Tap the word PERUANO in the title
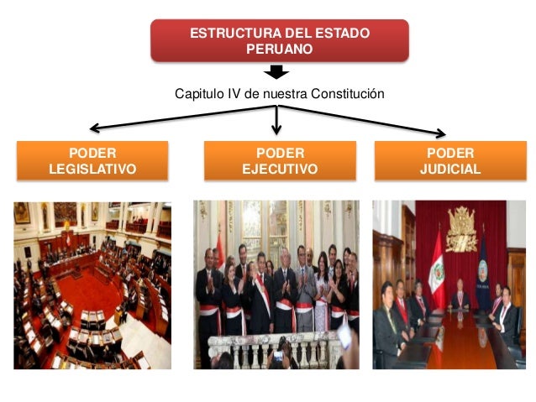(279, 49)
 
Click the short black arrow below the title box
(276, 74)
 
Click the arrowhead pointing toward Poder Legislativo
(95, 129)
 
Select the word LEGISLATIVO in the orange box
(92, 169)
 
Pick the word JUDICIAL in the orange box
(450, 169)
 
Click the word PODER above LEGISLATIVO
(92, 153)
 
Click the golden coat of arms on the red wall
(460, 227)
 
